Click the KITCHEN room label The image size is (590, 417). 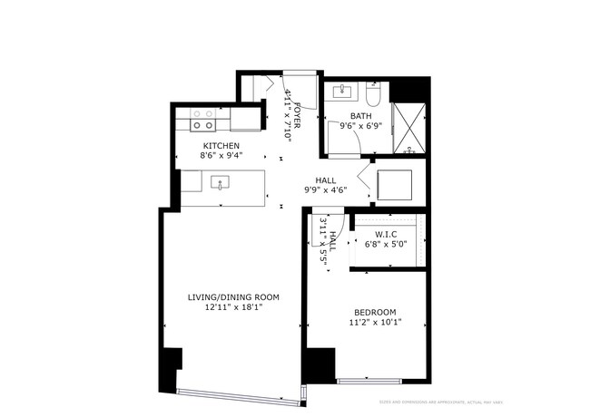[x=221, y=145]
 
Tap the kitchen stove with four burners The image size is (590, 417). [x=204, y=120]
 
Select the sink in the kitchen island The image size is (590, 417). [x=221, y=182]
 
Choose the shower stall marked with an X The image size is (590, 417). [x=409, y=127]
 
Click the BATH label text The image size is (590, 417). [x=361, y=116]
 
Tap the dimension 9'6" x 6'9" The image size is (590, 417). [x=361, y=127]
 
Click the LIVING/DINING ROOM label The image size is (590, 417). [x=232, y=297]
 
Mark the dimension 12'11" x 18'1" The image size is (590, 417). [x=232, y=308]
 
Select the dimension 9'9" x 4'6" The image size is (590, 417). [x=326, y=190]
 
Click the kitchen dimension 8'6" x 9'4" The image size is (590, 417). [x=221, y=155]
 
